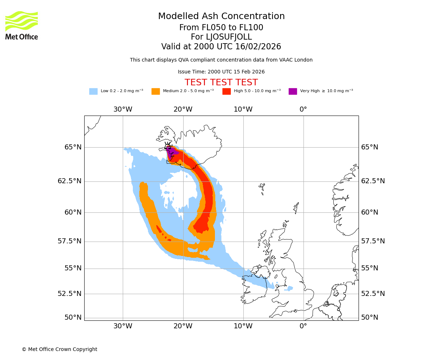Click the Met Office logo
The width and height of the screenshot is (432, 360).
(x=22, y=25)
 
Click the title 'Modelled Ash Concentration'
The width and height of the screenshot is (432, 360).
(x=221, y=16)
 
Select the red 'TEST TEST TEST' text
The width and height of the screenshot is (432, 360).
(x=221, y=82)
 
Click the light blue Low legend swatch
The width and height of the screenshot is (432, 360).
(x=93, y=91)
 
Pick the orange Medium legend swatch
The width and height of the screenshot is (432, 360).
(x=156, y=91)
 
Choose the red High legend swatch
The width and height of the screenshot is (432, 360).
(x=226, y=91)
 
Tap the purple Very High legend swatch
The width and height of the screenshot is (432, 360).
(x=293, y=91)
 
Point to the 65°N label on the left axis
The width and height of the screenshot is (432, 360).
(x=73, y=147)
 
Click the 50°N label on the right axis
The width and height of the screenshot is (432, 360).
(x=370, y=318)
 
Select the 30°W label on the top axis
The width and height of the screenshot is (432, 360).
(x=123, y=109)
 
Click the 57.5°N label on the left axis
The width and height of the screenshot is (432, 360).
(x=70, y=241)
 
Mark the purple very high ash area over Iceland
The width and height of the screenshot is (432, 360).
(x=172, y=153)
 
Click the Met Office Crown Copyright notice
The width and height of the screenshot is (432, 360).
(x=59, y=349)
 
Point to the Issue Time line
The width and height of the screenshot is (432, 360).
(x=221, y=72)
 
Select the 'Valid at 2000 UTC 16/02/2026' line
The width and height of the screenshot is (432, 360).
(x=221, y=47)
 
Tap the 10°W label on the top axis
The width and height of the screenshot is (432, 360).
(x=243, y=109)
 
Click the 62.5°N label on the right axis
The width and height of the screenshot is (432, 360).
(x=373, y=181)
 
